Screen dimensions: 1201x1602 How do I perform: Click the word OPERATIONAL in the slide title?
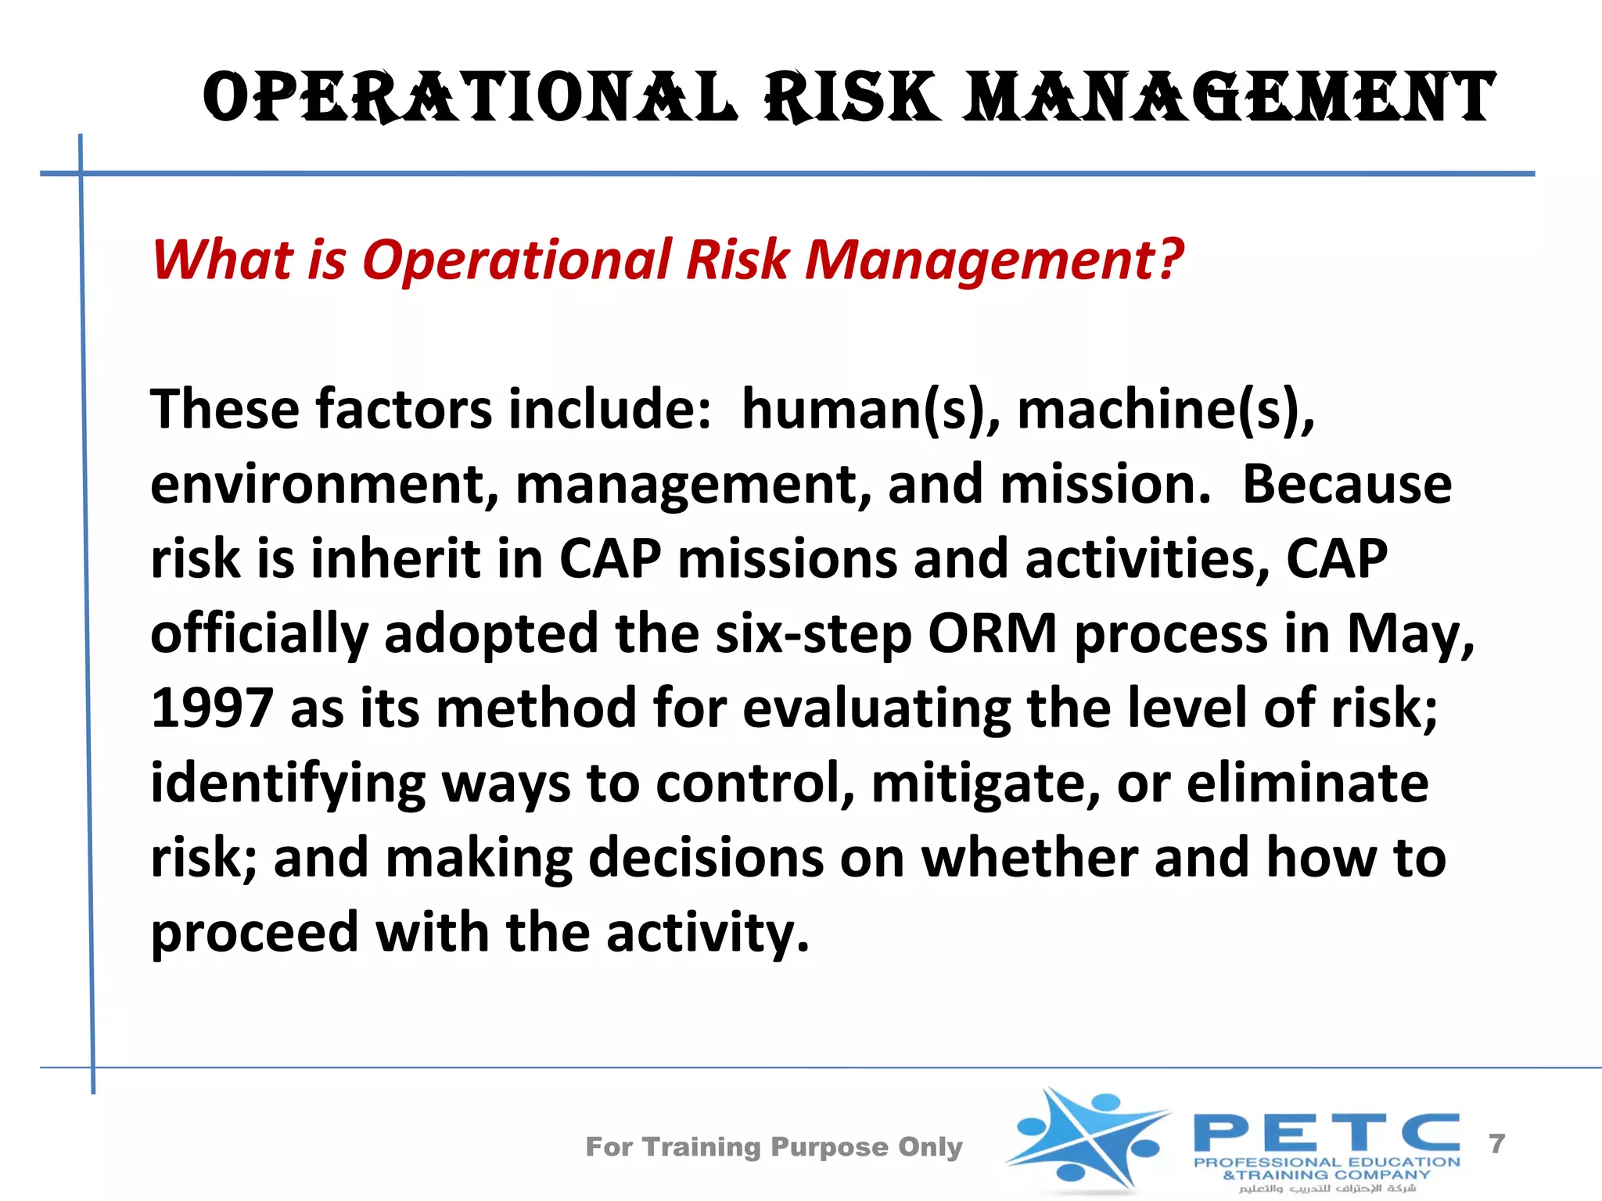(469, 97)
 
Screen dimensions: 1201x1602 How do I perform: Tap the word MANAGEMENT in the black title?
(1228, 97)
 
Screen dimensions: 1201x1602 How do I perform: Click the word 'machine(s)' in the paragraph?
(1166, 410)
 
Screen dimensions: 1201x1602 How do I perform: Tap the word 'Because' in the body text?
(1347, 485)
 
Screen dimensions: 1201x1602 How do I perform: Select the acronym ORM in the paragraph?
(992, 633)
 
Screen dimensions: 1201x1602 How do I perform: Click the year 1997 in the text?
(211, 708)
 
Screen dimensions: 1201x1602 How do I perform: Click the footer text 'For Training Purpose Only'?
(774, 1146)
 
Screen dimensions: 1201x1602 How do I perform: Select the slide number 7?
(1497, 1144)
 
